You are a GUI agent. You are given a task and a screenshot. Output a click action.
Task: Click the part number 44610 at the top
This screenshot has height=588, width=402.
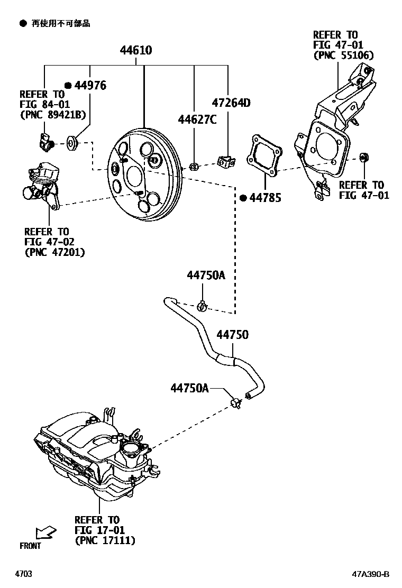(136, 51)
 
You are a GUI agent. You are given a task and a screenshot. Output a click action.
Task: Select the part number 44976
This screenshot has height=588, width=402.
(90, 86)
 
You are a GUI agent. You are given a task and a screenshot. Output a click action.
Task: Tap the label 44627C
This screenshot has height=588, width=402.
(197, 120)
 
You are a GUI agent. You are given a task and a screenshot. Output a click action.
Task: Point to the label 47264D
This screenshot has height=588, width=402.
(231, 103)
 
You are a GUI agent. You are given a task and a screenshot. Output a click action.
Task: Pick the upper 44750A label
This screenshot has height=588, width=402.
(206, 275)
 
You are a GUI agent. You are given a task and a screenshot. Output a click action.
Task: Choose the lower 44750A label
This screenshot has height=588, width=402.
(190, 389)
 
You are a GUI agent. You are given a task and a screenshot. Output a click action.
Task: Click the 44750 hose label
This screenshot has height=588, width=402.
(232, 335)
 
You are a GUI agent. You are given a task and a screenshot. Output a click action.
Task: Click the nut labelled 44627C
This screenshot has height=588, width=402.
(194, 167)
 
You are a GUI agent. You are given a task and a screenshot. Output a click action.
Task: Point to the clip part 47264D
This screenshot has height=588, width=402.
(225, 161)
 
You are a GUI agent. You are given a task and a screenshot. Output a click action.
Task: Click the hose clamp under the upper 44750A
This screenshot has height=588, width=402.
(202, 305)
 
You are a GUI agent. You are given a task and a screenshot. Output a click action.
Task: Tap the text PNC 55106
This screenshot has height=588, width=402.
(343, 56)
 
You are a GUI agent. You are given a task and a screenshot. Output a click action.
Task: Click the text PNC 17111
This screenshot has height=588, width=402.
(105, 540)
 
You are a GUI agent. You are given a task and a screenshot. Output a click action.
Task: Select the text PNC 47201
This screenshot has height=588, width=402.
(54, 252)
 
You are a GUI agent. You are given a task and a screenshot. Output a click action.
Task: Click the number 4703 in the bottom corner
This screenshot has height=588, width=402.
(23, 574)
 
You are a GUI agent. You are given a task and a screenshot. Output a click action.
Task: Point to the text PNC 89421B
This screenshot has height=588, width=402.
(52, 114)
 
